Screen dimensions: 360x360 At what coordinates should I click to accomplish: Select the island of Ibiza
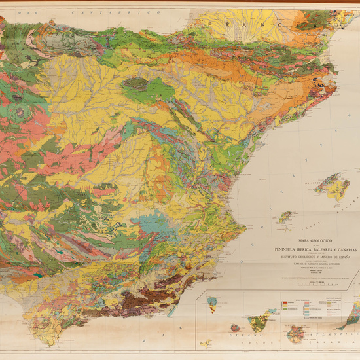click(x=285, y=215)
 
